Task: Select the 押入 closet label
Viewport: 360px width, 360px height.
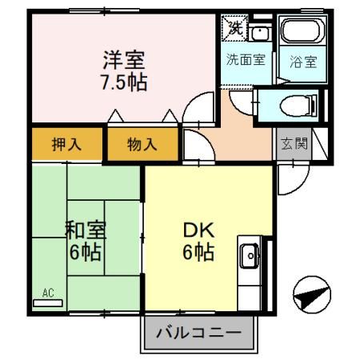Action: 66,145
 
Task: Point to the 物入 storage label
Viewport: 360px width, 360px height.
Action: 142,145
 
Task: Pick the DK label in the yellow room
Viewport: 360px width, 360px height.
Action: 196,230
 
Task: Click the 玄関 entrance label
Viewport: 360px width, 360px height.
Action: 293,144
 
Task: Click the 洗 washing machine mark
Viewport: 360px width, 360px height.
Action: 234,27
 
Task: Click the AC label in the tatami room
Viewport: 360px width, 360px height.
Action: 47,294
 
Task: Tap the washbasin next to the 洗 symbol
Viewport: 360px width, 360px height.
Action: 259,32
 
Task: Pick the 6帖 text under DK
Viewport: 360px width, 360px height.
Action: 196,253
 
